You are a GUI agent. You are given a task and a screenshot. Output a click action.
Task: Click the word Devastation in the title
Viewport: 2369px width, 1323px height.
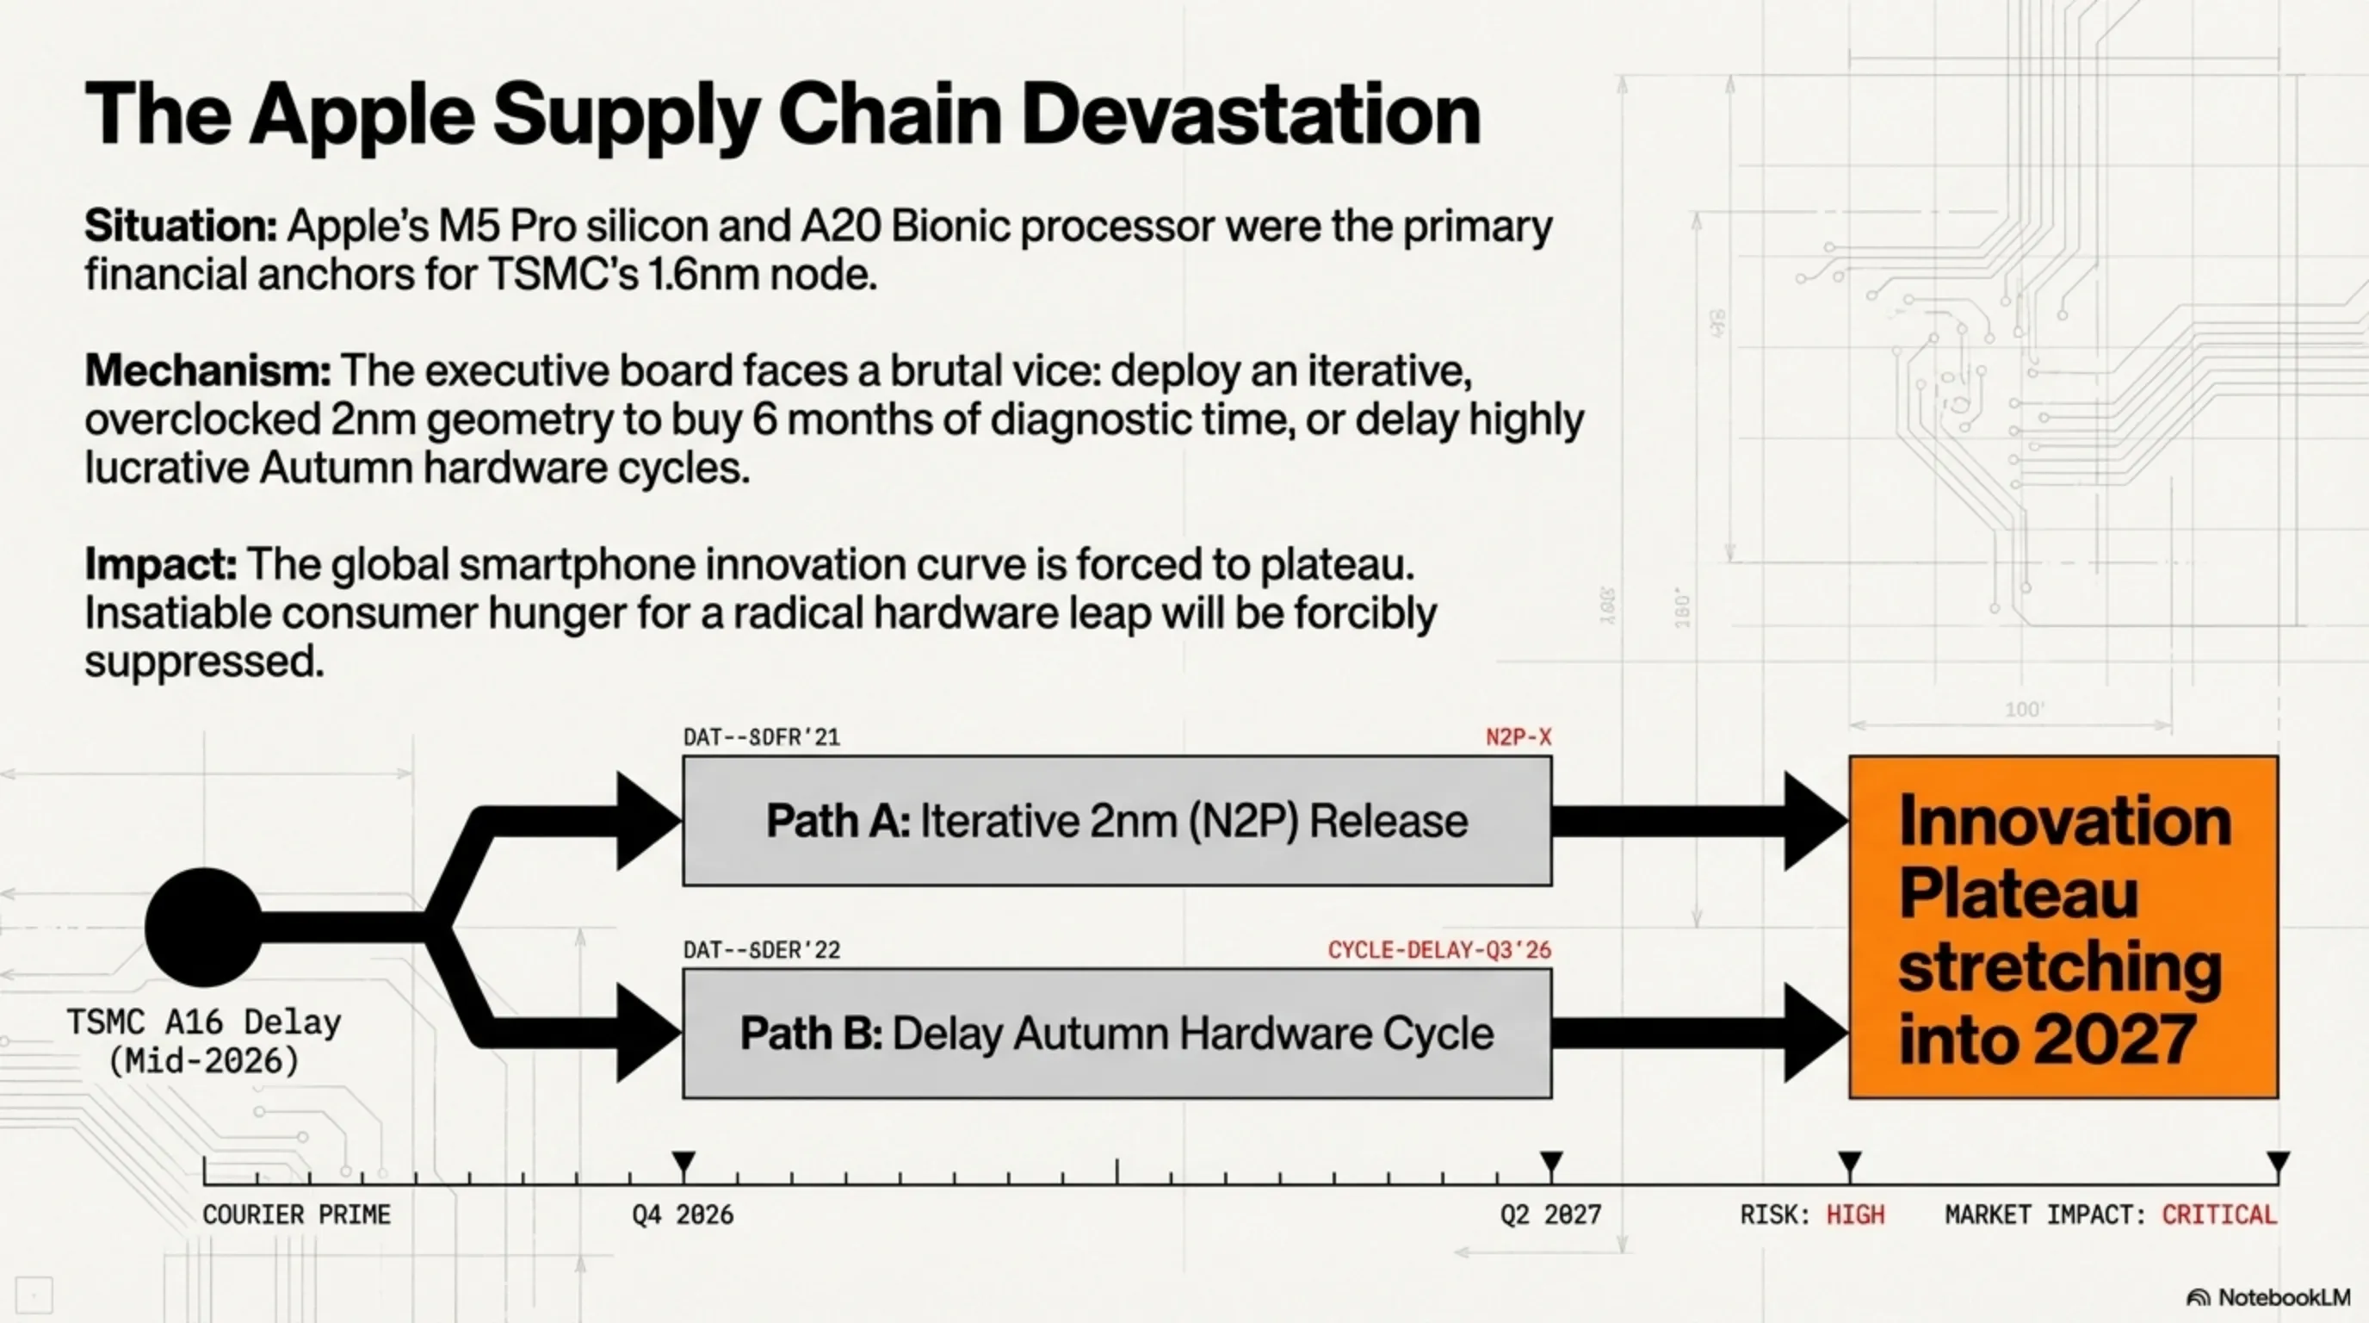pos(1251,114)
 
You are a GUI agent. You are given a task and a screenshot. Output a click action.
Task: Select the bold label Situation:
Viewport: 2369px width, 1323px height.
pos(181,226)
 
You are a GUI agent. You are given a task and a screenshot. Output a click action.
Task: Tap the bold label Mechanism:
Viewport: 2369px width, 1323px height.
pos(207,370)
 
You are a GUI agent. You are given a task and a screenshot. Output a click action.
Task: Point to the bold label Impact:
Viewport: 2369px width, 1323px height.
pos(161,564)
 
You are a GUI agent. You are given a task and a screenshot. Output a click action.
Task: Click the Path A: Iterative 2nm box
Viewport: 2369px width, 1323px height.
pos(1117,821)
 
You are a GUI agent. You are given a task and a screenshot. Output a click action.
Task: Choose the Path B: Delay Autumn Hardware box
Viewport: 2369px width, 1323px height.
pos(1117,1034)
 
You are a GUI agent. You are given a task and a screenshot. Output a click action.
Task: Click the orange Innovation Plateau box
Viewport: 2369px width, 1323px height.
pos(2063,928)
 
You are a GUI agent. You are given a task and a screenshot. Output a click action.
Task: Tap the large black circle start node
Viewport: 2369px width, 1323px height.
pos(204,927)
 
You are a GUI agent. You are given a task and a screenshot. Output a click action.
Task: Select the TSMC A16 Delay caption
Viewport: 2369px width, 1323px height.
pos(204,1041)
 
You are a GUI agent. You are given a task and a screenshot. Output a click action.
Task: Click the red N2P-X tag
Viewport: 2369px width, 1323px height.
pos(1519,737)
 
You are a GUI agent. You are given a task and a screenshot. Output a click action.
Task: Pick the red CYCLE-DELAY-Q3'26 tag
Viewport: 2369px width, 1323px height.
pos(1439,949)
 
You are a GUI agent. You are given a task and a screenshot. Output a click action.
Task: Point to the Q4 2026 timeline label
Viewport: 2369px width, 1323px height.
pos(683,1214)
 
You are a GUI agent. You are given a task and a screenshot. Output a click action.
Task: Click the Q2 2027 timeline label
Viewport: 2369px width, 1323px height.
pos(1550,1214)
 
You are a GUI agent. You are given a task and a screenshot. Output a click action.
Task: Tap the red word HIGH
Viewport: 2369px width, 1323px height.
pos(1855,1214)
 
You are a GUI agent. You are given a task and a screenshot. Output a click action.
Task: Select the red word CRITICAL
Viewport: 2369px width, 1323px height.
pos(2219,1214)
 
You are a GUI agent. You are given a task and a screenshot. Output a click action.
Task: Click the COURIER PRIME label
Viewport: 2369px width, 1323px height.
pos(297,1214)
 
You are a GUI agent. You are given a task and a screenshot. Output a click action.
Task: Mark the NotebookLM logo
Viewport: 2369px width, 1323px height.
pos(2267,1297)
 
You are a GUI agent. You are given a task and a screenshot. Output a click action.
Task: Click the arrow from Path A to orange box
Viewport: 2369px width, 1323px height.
pos(1700,821)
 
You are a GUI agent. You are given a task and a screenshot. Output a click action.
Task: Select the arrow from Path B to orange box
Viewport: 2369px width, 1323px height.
pos(1700,1034)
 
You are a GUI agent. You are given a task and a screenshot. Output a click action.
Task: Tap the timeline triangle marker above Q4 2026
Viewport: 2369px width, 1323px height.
pos(683,1162)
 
